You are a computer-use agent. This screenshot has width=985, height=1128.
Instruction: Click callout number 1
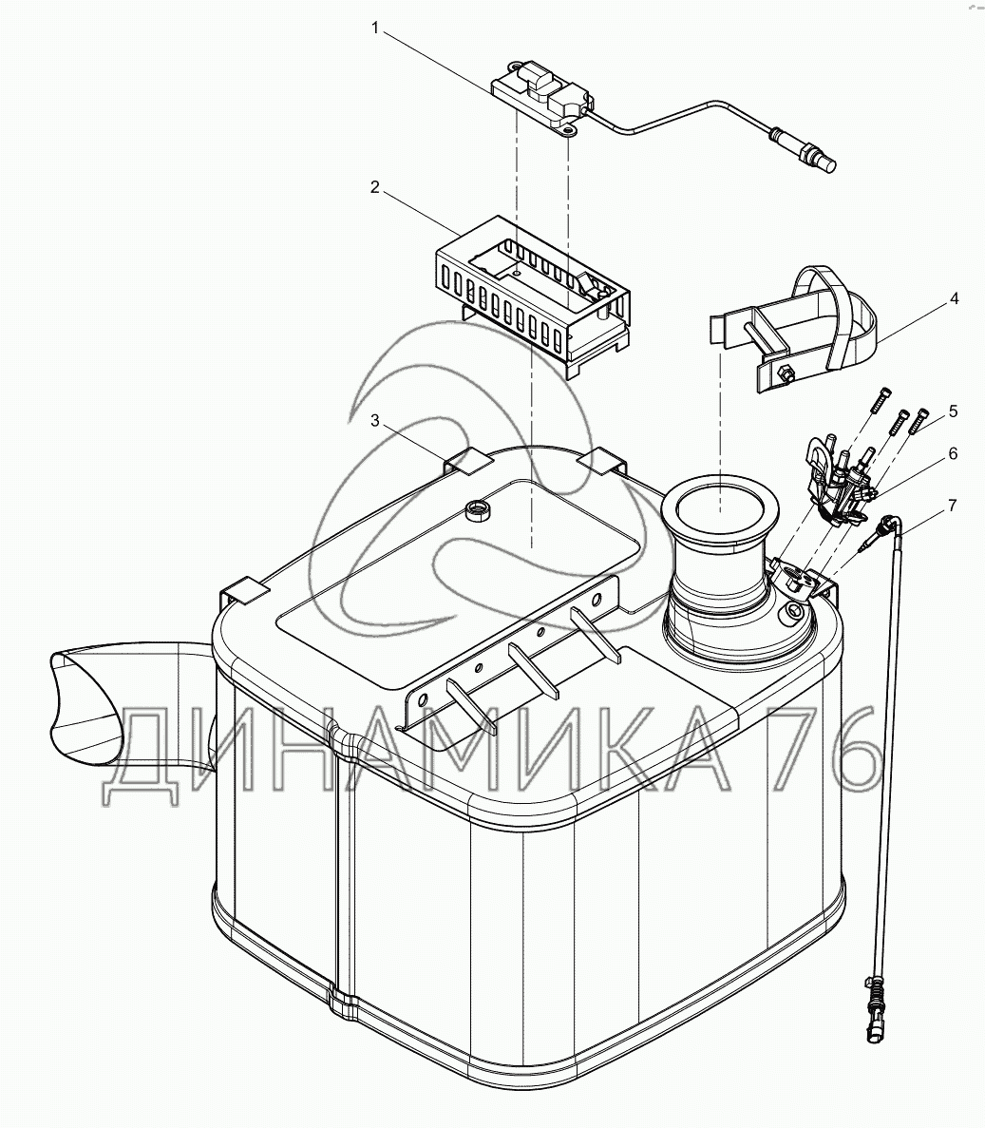[x=375, y=29]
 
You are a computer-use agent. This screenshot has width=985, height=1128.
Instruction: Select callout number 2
[x=375, y=187]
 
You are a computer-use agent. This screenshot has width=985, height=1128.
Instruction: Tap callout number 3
[x=375, y=420]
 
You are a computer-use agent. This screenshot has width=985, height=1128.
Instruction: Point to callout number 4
[x=954, y=298]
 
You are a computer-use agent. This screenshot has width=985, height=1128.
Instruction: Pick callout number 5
[x=953, y=411]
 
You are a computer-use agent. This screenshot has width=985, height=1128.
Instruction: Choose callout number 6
[x=953, y=455]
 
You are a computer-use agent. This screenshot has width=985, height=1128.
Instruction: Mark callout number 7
[x=953, y=504]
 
